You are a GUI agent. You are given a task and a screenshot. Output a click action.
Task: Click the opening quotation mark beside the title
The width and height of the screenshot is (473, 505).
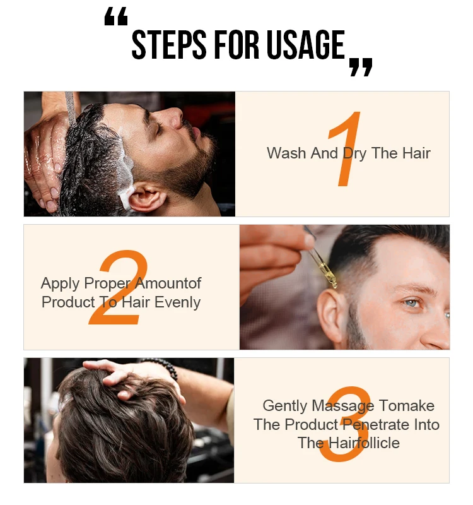click(x=116, y=19)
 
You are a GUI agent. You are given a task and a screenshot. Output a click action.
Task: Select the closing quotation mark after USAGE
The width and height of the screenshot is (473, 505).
click(x=361, y=66)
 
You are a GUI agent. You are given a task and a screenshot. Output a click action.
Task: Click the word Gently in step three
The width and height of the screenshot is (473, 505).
click(x=285, y=406)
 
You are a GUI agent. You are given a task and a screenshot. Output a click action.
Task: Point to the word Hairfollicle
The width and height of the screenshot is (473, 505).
click(x=349, y=443)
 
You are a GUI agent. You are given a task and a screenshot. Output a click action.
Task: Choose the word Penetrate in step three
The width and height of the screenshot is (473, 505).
click(x=373, y=425)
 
